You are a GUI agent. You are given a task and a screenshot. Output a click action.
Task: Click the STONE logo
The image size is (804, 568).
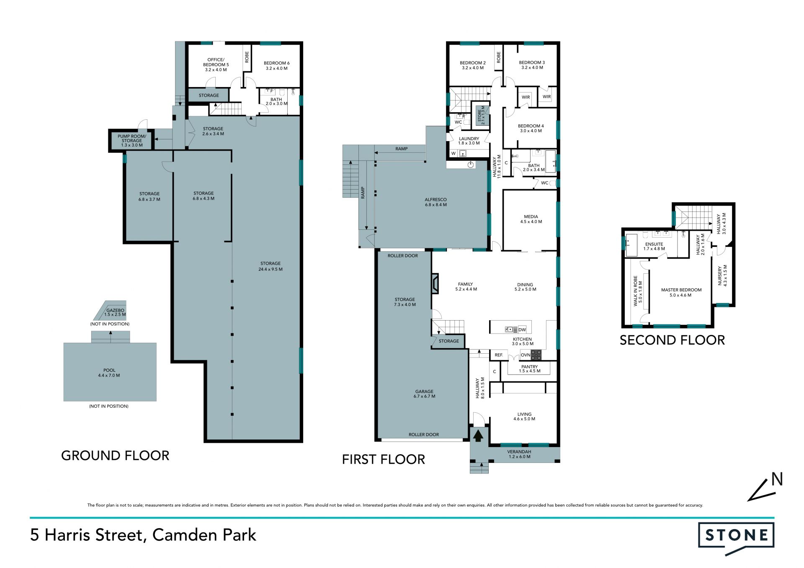tap(736, 538)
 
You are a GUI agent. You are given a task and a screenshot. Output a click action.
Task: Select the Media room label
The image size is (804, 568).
tap(531, 219)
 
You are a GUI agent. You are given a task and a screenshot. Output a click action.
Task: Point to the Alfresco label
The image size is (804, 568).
tap(435, 202)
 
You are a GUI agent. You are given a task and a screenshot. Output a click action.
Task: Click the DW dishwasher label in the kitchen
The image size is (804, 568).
tap(522, 330)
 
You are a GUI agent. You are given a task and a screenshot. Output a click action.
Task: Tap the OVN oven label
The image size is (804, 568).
tap(526, 355)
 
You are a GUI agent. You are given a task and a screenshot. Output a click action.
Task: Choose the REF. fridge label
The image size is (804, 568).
tap(499, 355)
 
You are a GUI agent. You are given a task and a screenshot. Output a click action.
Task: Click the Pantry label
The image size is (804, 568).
tap(530, 369)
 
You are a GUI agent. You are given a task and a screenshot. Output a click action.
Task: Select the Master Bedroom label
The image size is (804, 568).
tap(681, 292)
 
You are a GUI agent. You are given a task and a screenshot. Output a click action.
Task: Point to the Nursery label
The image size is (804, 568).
tap(723, 275)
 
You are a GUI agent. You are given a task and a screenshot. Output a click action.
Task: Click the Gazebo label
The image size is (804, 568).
tap(115, 312)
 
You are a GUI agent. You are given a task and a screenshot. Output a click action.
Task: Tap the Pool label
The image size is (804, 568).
tap(109, 373)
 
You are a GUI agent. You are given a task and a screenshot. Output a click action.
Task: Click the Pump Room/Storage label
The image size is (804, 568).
tap(132, 141)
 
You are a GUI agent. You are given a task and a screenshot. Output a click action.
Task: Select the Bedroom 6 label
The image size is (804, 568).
tap(276, 66)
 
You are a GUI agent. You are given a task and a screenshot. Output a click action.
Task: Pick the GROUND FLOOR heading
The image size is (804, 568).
tap(115, 455)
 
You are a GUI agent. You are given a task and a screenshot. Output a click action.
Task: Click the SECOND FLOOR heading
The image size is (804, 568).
tap(672, 340)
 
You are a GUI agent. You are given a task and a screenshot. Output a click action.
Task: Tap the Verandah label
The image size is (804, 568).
tap(519, 454)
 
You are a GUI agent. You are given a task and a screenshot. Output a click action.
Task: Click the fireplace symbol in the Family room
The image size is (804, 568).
tap(435, 283)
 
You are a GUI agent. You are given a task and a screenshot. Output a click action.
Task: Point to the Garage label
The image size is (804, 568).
tap(424, 394)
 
